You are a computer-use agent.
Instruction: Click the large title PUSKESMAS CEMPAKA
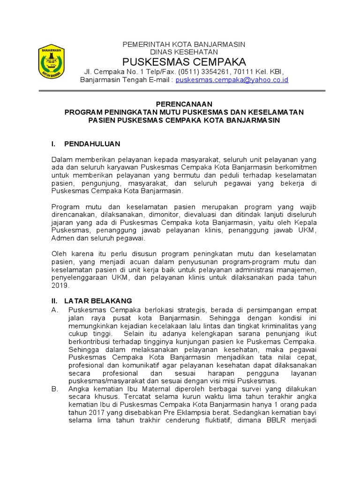click(x=184, y=62)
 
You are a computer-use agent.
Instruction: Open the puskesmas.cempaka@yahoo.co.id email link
click(x=232, y=80)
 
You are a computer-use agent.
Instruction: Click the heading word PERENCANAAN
click(x=184, y=104)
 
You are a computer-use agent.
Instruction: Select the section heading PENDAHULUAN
click(x=92, y=143)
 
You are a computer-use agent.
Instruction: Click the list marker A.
click(x=54, y=310)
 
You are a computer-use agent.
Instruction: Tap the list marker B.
click(x=54, y=389)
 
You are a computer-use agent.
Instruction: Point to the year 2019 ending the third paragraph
click(x=60, y=285)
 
